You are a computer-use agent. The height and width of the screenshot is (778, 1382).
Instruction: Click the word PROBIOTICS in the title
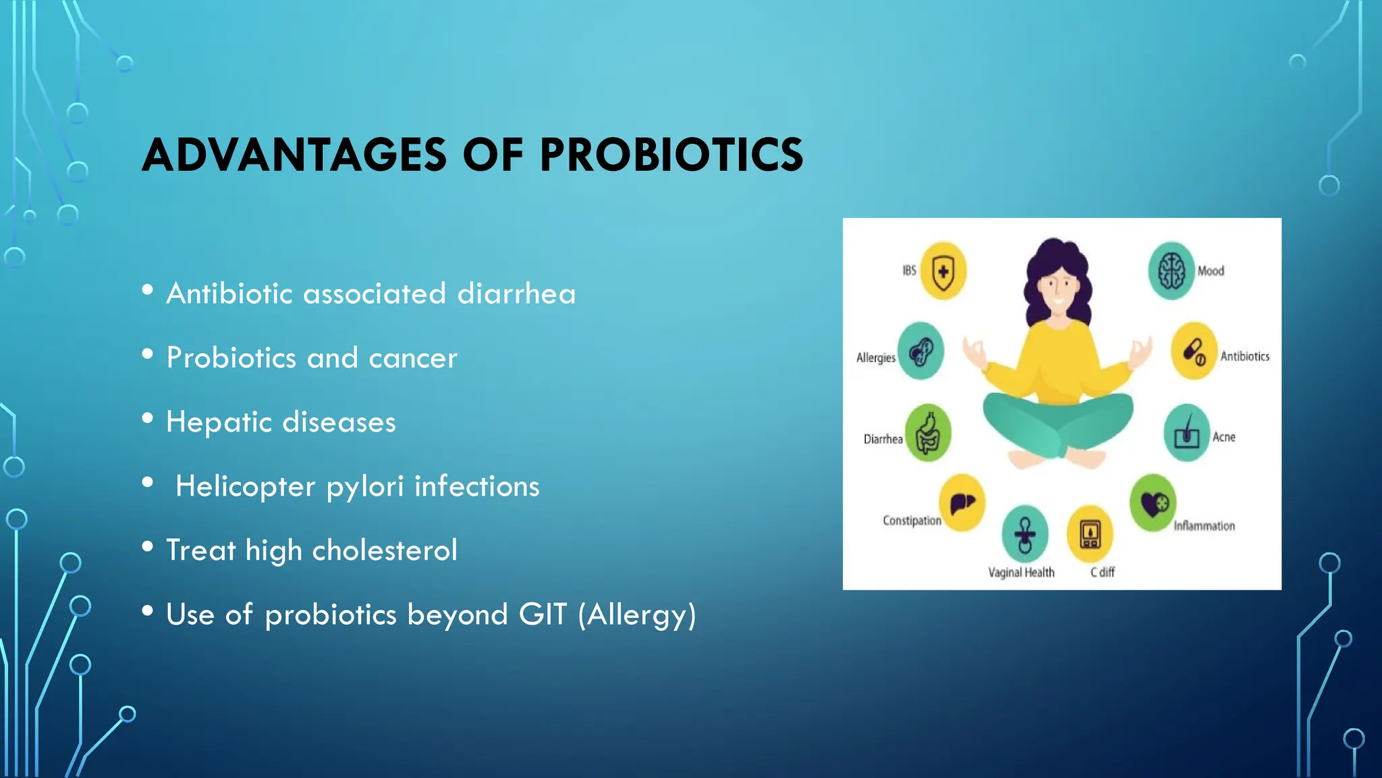click(x=671, y=155)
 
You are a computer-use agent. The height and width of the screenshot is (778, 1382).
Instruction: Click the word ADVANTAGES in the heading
click(x=294, y=155)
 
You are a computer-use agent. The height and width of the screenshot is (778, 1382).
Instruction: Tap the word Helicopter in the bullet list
click(x=245, y=486)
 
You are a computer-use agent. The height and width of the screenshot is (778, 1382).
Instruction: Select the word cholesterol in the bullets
click(x=385, y=550)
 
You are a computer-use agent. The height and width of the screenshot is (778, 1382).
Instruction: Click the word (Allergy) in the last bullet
click(x=637, y=615)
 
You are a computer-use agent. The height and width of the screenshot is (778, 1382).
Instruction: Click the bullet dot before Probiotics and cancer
click(x=148, y=354)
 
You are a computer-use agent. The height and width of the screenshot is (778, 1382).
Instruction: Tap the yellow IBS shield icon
click(x=943, y=271)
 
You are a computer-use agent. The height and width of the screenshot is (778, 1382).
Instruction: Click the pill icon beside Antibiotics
click(x=1194, y=351)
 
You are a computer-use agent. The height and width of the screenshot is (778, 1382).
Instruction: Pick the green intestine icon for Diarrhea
click(x=928, y=434)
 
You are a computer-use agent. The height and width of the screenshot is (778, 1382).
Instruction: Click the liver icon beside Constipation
click(x=962, y=503)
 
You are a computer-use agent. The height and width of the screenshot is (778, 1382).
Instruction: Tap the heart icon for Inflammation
click(x=1153, y=503)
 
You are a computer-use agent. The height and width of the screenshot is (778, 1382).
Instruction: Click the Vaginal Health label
click(x=1021, y=573)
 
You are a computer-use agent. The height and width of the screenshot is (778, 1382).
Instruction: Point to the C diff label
click(x=1103, y=573)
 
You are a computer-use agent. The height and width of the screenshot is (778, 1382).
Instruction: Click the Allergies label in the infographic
click(x=875, y=358)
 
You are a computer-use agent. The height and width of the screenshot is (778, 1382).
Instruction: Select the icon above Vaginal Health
click(x=1025, y=534)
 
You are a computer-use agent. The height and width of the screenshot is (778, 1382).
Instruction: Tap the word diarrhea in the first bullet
click(x=516, y=294)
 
